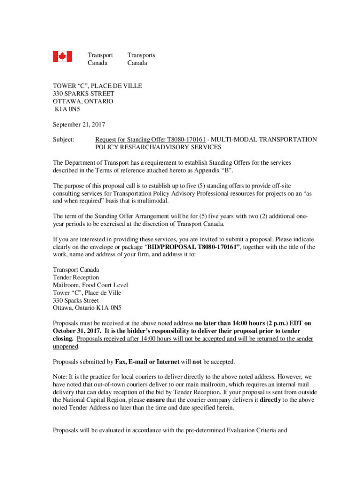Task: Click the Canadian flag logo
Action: point(62,57)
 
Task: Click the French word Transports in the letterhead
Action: point(141,55)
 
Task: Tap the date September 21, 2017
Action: point(79,125)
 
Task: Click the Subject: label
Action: point(63,140)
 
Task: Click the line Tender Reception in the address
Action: point(76,278)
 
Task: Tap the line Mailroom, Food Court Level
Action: point(90,285)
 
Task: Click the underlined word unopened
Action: point(65,347)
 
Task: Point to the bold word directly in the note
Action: point(270,400)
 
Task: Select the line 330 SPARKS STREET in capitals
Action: point(83,94)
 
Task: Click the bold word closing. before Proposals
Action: point(63,339)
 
